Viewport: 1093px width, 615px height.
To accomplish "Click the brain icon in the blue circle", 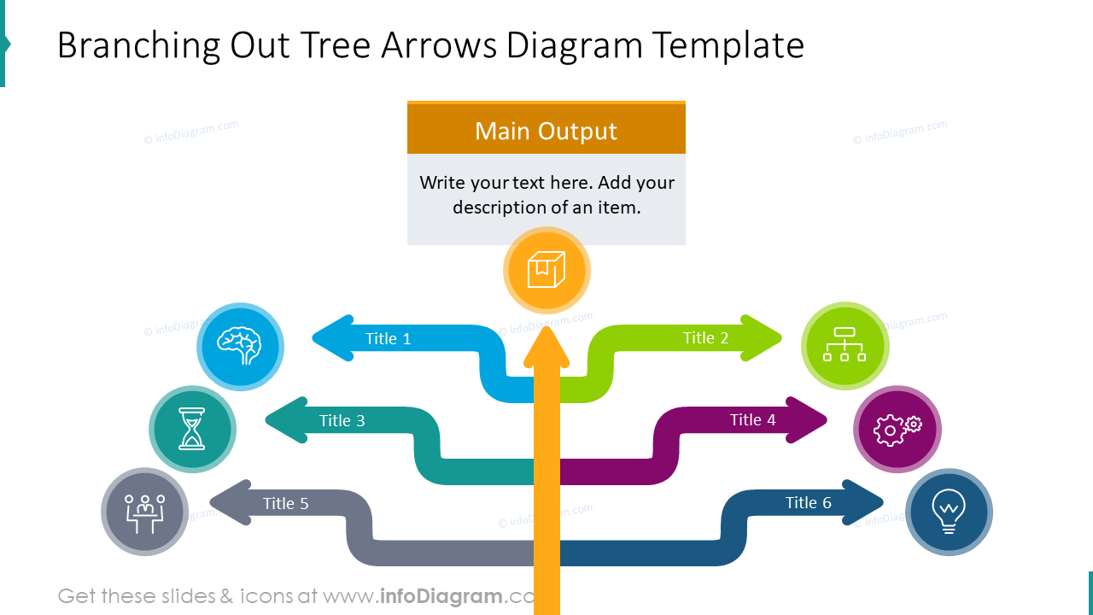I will tap(240, 346).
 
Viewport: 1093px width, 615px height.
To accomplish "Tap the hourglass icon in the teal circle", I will tap(192, 429).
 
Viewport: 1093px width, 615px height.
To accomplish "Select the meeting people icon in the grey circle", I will tap(144, 512).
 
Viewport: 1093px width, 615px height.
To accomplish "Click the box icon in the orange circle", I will tap(546, 270).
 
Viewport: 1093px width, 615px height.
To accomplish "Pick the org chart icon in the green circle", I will tap(845, 345).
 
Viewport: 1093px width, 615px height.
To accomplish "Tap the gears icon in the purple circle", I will tap(897, 429).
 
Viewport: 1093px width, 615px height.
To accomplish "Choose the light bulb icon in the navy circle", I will tap(949, 512).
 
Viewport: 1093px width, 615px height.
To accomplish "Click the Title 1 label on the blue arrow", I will tap(388, 339).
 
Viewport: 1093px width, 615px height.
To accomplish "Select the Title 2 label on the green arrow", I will tap(705, 338).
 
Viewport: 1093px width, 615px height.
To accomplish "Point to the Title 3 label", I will tap(342, 421).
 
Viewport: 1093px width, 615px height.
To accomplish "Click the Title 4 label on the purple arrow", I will tap(752, 420).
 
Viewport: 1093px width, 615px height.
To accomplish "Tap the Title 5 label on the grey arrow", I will tap(285, 504).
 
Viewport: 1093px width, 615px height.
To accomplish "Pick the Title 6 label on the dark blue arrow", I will tap(808, 503).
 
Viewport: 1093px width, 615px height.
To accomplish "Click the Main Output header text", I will tap(546, 131).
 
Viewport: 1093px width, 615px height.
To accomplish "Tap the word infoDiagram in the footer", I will tap(441, 595).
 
